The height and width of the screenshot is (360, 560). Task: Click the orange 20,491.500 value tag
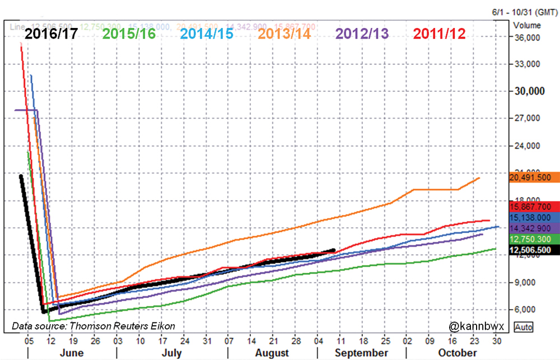point(535,177)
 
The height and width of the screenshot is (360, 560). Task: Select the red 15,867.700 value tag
point(535,207)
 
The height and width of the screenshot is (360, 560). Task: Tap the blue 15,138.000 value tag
point(535,217)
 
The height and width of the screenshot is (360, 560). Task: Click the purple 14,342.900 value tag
point(535,228)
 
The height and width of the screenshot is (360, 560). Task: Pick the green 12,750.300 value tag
point(535,239)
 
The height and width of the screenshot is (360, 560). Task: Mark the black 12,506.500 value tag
point(535,250)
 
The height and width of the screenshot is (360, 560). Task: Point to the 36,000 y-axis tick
point(528,37)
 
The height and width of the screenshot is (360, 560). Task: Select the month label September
point(361,353)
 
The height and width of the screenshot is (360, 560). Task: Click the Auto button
point(524,326)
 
